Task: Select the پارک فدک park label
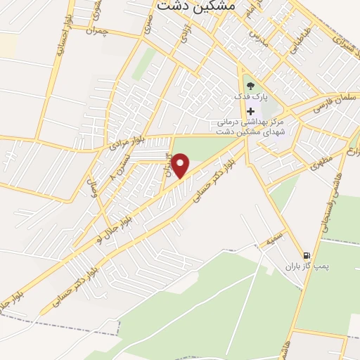[x=250, y=96]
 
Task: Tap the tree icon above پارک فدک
[x=251, y=86]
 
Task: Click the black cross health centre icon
[x=251, y=111]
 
